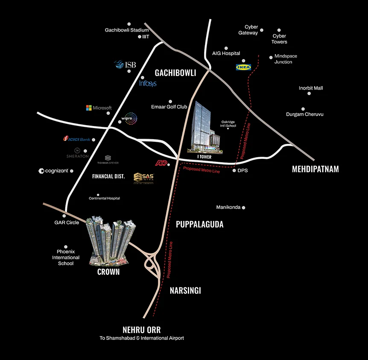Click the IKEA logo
click(243, 67)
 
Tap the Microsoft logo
click(99, 108)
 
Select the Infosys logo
click(148, 83)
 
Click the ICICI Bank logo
click(76, 139)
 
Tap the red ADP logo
click(161, 163)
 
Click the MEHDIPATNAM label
click(315, 169)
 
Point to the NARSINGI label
click(185, 291)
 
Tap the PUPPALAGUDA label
click(199, 224)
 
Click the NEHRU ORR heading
click(141, 330)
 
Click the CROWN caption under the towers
click(108, 272)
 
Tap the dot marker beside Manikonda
click(244, 208)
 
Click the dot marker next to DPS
click(234, 170)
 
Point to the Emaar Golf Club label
click(169, 107)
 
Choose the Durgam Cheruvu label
click(305, 114)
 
